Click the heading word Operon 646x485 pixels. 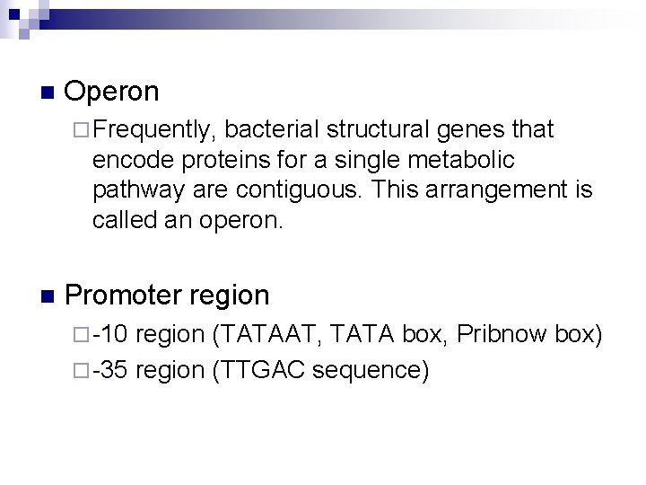[x=112, y=92]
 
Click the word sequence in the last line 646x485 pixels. [x=362, y=369]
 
